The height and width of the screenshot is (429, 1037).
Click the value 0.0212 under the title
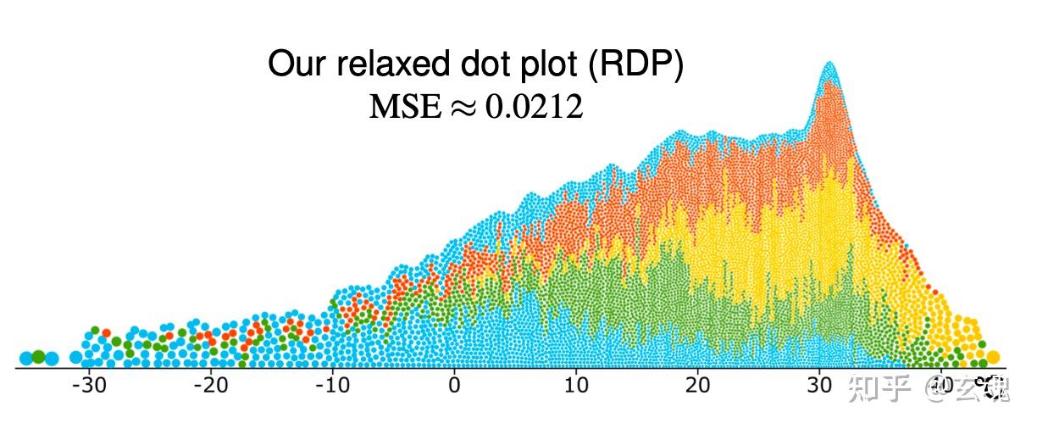[x=534, y=107]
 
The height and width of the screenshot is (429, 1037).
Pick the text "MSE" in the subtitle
[x=406, y=107]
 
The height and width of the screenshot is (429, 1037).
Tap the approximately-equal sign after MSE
[x=463, y=108]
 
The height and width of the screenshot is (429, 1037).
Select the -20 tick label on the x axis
[x=210, y=385]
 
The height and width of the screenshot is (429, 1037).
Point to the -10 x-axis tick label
[x=332, y=385]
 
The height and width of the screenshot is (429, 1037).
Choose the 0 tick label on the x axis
[x=454, y=385]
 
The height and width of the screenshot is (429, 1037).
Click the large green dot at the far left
[x=38, y=357]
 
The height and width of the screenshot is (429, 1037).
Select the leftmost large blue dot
[x=25, y=358]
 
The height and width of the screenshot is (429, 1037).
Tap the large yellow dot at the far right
[x=993, y=357]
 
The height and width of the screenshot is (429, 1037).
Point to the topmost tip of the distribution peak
[x=829, y=64]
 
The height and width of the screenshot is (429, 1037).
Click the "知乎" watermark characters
[x=879, y=390]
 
